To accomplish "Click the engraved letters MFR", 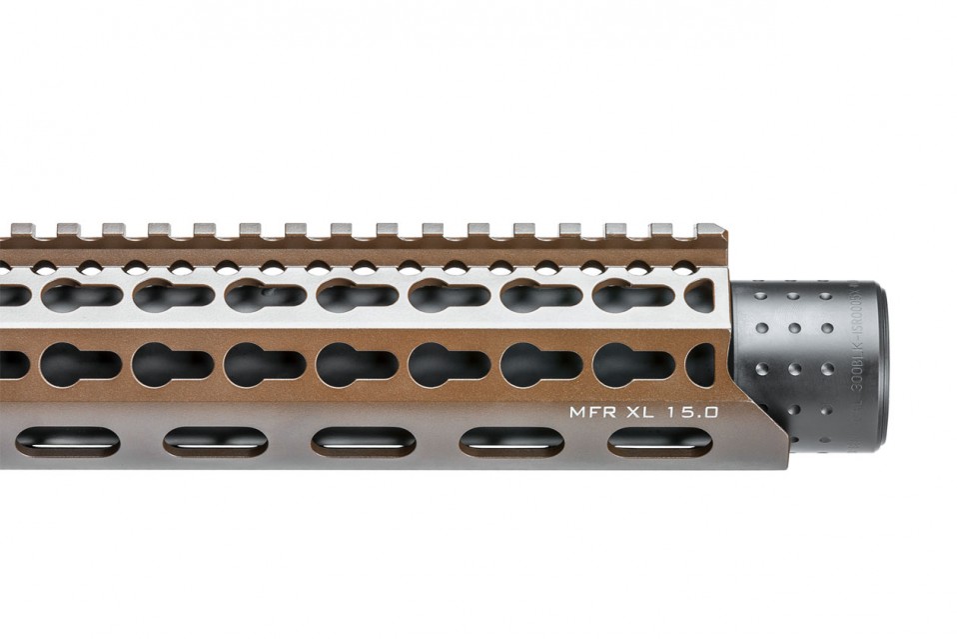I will [587, 411].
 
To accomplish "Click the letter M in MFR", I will [576, 411].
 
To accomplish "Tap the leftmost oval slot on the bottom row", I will [67, 441].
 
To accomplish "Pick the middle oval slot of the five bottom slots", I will [364, 441].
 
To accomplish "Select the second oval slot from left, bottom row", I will [215, 441].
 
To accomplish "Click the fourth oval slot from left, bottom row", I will [511, 441].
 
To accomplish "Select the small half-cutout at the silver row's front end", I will [701, 296].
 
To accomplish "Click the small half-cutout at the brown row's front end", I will [701, 364].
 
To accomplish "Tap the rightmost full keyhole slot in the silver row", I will [633, 296].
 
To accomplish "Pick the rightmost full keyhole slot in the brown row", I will [633, 365].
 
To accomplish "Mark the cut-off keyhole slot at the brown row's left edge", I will [12, 364].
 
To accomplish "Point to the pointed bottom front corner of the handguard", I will [785, 465].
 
